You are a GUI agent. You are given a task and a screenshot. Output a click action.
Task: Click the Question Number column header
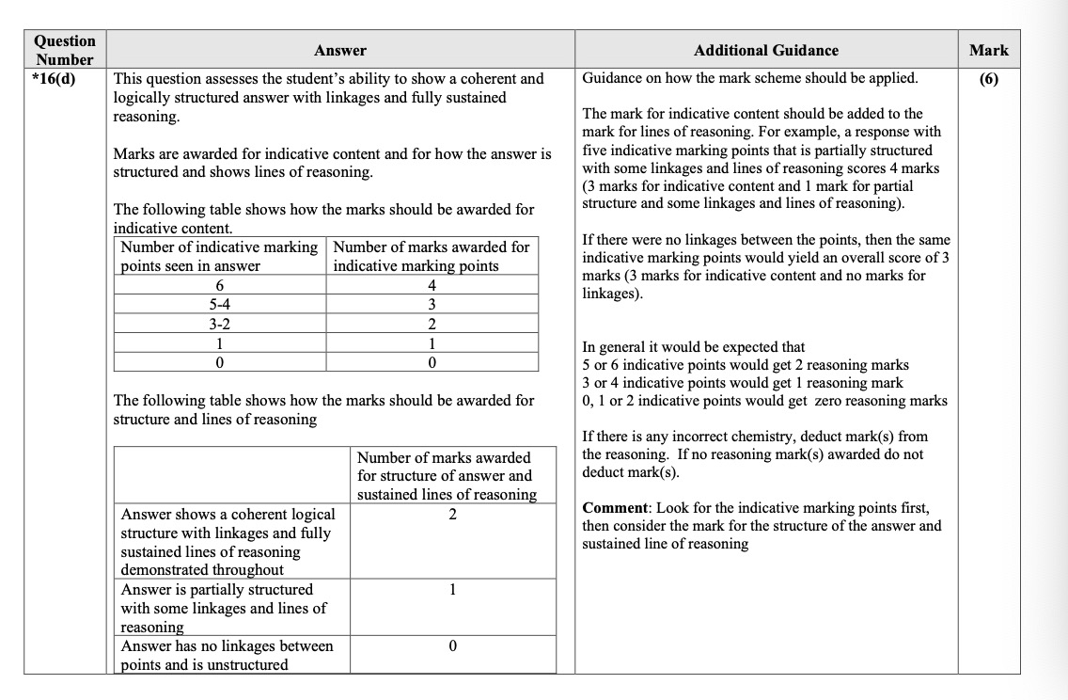point(65,50)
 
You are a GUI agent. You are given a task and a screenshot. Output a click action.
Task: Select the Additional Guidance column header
point(765,50)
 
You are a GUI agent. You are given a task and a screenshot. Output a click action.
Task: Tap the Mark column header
point(988,50)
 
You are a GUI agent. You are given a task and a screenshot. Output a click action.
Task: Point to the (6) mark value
point(988,79)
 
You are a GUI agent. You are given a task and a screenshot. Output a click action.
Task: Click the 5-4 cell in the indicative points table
point(221,305)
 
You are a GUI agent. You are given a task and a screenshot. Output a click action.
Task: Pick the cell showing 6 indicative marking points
point(221,286)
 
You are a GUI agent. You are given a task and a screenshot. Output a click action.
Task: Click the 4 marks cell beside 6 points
point(432,286)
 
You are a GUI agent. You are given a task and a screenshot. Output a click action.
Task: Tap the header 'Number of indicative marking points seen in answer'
point(221,256)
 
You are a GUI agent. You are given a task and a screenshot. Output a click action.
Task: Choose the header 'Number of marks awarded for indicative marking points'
point(432,256)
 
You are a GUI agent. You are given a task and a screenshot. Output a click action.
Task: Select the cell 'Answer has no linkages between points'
point(227,655)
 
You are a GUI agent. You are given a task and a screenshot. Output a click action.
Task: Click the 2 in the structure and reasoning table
point(452,515)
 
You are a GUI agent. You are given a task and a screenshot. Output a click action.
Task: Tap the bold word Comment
point(614,508)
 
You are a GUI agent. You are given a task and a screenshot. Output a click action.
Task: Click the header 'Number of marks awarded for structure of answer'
point(445,475)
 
